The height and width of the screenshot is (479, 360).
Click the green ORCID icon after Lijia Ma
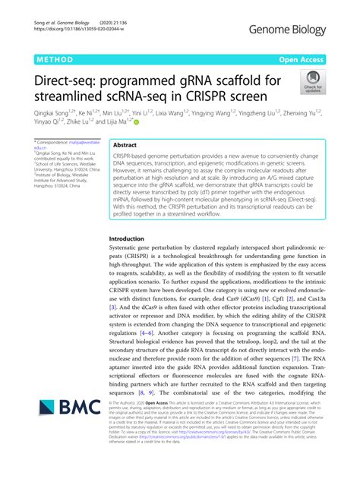137,121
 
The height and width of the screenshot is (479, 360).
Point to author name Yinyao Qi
47,120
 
